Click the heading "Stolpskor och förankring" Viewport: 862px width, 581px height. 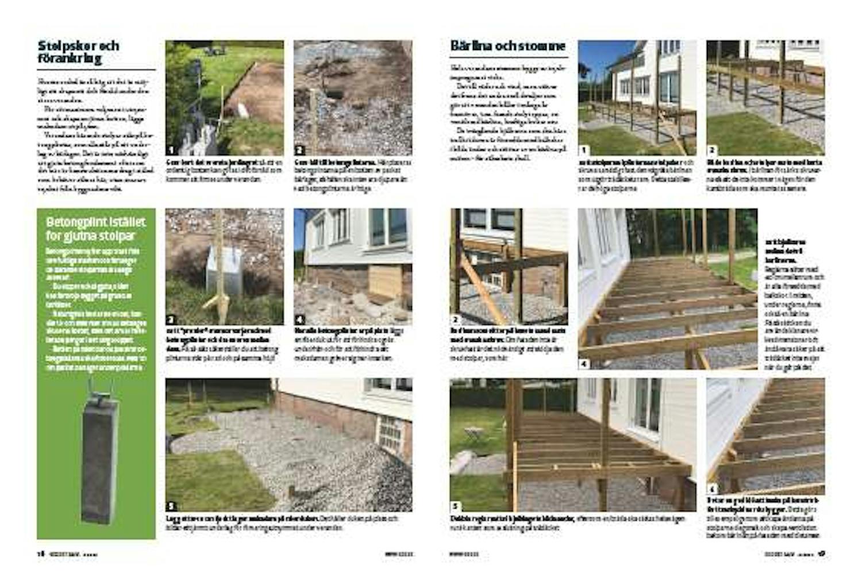pos(79,52)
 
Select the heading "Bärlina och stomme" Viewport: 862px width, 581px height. pos(508,46)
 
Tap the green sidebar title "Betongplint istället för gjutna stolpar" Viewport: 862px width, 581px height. pos(96,229)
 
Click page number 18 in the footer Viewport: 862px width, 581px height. pos(41,554)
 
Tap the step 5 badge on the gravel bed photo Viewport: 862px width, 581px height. pos(171,506)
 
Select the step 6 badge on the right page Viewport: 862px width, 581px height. pos(712,490)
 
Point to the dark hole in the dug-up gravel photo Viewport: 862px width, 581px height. pos(335,92)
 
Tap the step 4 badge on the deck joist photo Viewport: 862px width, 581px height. pos(584,363)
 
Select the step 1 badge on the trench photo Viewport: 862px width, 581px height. pos(171,150)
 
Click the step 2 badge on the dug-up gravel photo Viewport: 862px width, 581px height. pos(299,150)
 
